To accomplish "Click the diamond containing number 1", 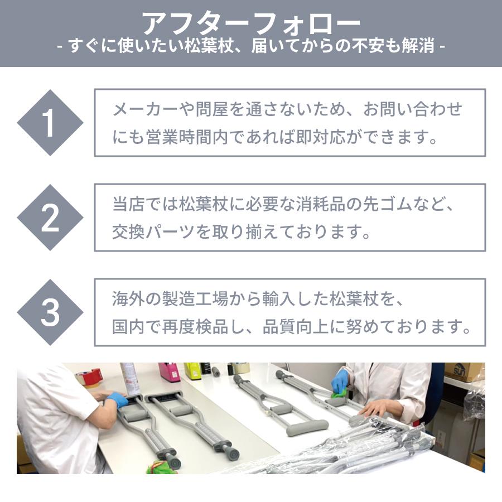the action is (x=50, y=123).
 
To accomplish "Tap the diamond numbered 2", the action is (x=50, y=218).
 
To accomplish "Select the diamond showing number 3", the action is (x=50, y=312).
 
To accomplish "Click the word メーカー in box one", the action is (x=144, y=109).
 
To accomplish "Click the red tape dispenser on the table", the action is (x=92, y=376).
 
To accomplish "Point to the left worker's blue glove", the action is (x=116, y=400).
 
